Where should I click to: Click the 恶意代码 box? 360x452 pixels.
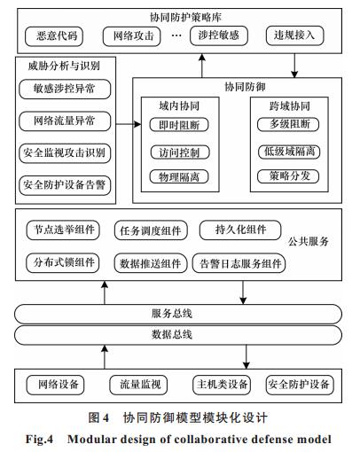click(54, 36)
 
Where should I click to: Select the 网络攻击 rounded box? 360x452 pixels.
click(132, 36)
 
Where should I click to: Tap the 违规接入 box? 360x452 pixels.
click(294, 35)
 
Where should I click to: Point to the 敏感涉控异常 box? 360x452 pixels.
click(65, 89)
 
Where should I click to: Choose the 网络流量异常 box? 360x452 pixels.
click(65, 121)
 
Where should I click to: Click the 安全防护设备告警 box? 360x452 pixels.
click(65, 185)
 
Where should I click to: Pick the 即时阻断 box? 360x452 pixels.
click(179, 125)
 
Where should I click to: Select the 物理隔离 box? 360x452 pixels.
click(179, 177)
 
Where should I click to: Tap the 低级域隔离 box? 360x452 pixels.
click(289, 152)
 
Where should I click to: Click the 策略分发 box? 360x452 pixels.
click(288, 176)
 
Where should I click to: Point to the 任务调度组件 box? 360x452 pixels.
click(151, 230)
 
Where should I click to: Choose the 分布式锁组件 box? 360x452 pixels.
click(63, 262)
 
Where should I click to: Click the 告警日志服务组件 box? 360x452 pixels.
click(239, 263)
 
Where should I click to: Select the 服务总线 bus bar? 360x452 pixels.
click(178, 314)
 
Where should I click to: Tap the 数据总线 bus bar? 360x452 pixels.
click(178, 335)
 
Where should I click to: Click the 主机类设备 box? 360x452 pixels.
click(222, 385)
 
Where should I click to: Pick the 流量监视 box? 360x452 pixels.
click(138, 385)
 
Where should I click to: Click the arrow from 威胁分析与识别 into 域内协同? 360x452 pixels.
click(129, 124)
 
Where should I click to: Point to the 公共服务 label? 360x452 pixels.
click(309, 241)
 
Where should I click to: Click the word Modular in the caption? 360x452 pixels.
click(89, 439)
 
